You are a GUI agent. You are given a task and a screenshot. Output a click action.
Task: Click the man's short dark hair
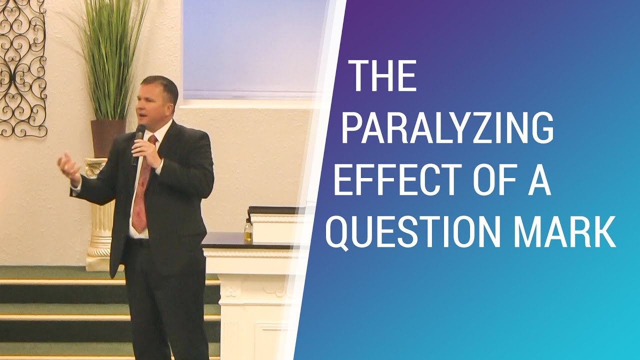point(160,85)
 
